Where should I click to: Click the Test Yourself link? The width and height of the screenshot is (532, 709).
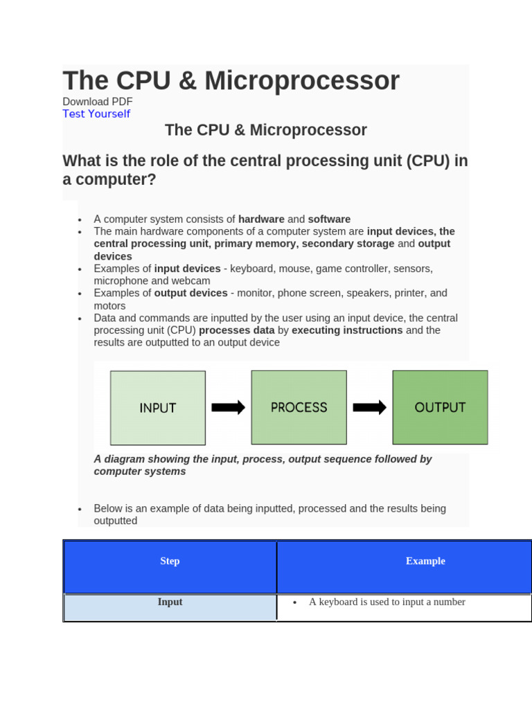point(96,114)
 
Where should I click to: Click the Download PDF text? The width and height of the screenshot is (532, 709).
point(97,102)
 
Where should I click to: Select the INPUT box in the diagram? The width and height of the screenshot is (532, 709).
point(158,408)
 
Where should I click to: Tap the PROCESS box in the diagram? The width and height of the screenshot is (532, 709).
point(299,407)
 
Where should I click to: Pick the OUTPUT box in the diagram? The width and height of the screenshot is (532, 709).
point(440,407)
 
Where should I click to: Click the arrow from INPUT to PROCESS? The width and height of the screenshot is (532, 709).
point(228,407)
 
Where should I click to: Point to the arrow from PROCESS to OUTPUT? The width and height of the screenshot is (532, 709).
point(369,407)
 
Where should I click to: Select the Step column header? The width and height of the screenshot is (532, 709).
point(170,562)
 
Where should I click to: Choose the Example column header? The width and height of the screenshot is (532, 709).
point(425,562)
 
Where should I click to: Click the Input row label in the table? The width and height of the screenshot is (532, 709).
point(170,602)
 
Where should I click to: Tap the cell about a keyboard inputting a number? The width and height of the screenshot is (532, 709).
point(387,602)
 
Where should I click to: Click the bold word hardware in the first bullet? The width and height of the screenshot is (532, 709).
point(261,219)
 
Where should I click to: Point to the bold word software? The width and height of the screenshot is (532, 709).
point(329,219)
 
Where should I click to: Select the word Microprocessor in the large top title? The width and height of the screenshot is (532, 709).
point(302,81)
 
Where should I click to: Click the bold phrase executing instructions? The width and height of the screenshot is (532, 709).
point(347,330)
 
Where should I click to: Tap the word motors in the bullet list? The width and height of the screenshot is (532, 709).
point(109,306)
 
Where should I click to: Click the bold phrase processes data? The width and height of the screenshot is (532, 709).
point(237,330)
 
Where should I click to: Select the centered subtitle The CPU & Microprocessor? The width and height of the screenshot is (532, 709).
point(266,130)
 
